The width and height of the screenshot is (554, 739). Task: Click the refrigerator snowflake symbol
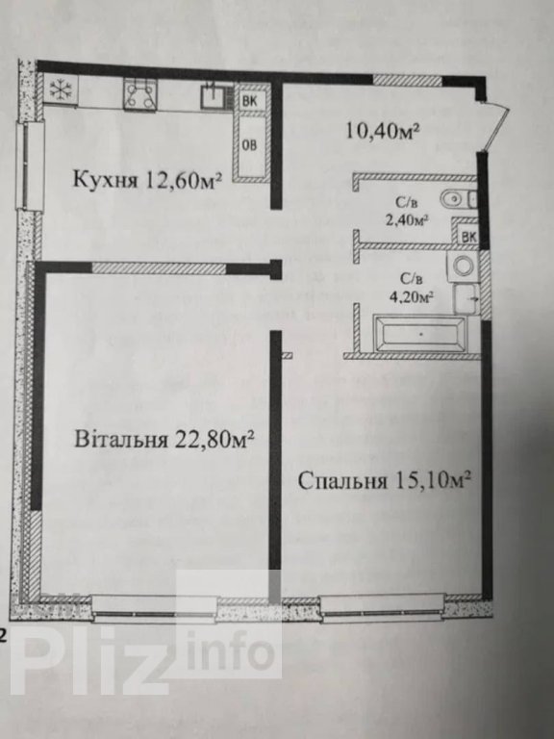(x=60, y=89)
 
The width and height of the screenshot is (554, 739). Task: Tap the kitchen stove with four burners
(x=140, y=94)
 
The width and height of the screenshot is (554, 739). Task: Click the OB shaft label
(x=250, y=144)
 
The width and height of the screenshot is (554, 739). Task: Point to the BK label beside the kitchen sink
(x=249, y=100)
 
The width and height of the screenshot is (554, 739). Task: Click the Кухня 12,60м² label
(x=147, y=180)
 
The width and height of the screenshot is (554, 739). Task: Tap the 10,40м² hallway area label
(x=383, y=130)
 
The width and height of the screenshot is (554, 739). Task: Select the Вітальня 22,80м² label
(x=164, y=439)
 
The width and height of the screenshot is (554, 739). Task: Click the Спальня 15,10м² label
(x=385, y=481)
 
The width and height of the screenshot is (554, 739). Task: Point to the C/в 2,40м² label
(x=407, y=212)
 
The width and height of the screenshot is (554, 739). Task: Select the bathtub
(x=420, y=334)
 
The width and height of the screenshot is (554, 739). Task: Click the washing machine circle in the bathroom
(x=463, y=266)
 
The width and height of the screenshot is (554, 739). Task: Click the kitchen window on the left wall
(x=30, y=165)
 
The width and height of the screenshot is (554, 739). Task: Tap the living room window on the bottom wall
(x=155, y=608)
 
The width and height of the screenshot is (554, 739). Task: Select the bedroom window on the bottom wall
(x=382, y=608)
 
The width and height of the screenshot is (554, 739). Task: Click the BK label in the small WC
(x=468, y=237)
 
